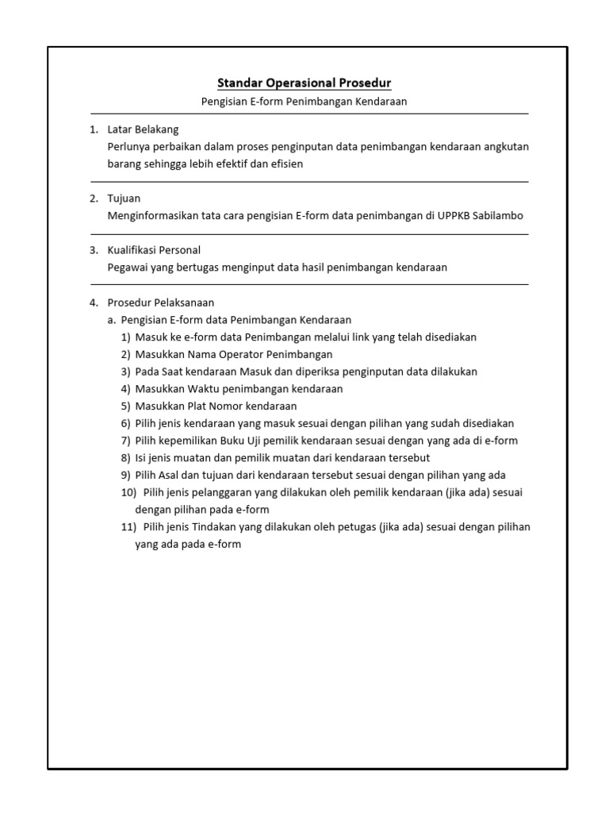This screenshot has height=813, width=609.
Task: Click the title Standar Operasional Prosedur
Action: coord(304,83)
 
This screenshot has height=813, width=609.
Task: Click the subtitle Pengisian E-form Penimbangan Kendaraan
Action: coord(304,102)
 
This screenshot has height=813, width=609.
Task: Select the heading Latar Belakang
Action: coord(144,129)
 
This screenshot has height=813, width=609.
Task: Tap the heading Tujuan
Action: coord(124,198)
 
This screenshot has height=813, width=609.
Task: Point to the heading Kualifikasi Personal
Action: coord(154,250)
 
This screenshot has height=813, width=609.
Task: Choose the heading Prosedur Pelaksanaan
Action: coord(161,302)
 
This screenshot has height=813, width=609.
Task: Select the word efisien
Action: coord(285,164)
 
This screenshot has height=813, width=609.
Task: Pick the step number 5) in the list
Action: coord(125,406)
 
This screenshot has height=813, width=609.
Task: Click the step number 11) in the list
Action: coord(128,527)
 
